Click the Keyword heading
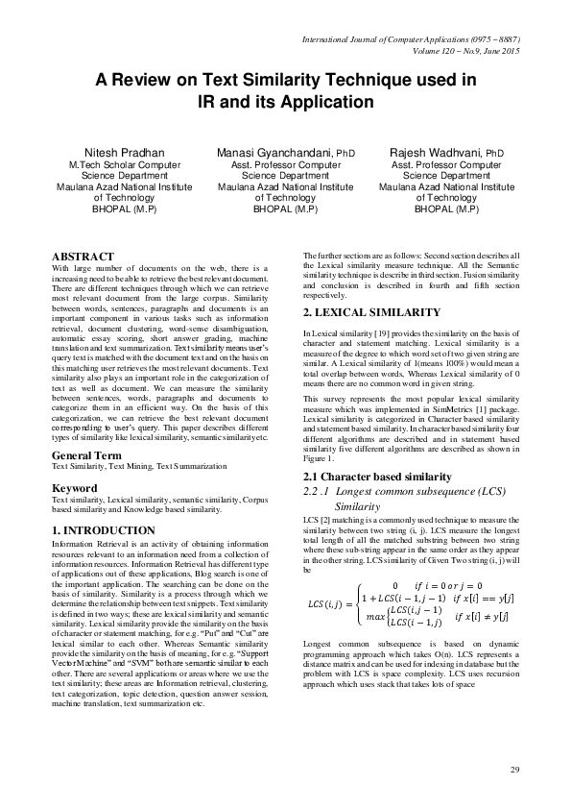75,488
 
